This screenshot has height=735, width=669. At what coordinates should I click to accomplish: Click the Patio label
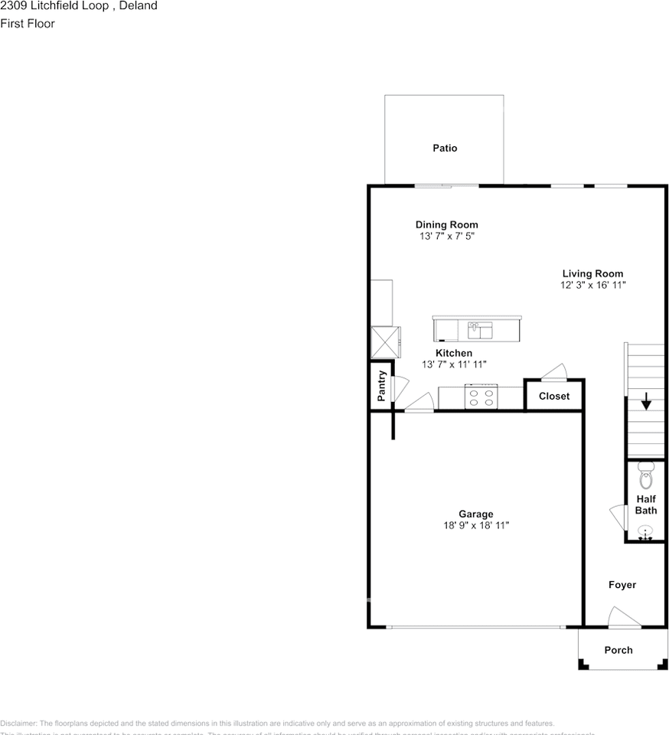pos(445,148)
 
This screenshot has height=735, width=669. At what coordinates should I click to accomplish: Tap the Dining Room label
pos(446,224)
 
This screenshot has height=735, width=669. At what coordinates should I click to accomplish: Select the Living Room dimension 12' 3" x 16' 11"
pos(592,285)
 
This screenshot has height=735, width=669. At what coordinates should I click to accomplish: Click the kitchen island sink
pos(479,330)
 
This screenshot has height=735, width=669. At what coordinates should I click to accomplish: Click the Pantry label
pos(381,386)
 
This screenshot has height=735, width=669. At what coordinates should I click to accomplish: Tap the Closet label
pos(554,396)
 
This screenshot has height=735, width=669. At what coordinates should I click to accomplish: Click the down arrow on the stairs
pos(646,400)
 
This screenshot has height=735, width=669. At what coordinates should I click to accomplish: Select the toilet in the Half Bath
pos(645,475)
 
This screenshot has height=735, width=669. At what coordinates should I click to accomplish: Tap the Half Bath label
pos(646,505)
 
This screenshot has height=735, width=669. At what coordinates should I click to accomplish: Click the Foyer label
pos(622,585)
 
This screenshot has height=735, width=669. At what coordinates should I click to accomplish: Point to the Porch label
pos(618,650)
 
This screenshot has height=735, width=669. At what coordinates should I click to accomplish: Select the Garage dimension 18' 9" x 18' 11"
pos(475,525)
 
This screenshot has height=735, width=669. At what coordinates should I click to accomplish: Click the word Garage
pos(475,514)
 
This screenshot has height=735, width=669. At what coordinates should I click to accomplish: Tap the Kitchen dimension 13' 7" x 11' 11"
pos(454,364)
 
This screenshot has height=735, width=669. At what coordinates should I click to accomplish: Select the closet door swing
pos(553,372)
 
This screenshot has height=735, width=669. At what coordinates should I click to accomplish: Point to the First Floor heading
pos(28,23)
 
